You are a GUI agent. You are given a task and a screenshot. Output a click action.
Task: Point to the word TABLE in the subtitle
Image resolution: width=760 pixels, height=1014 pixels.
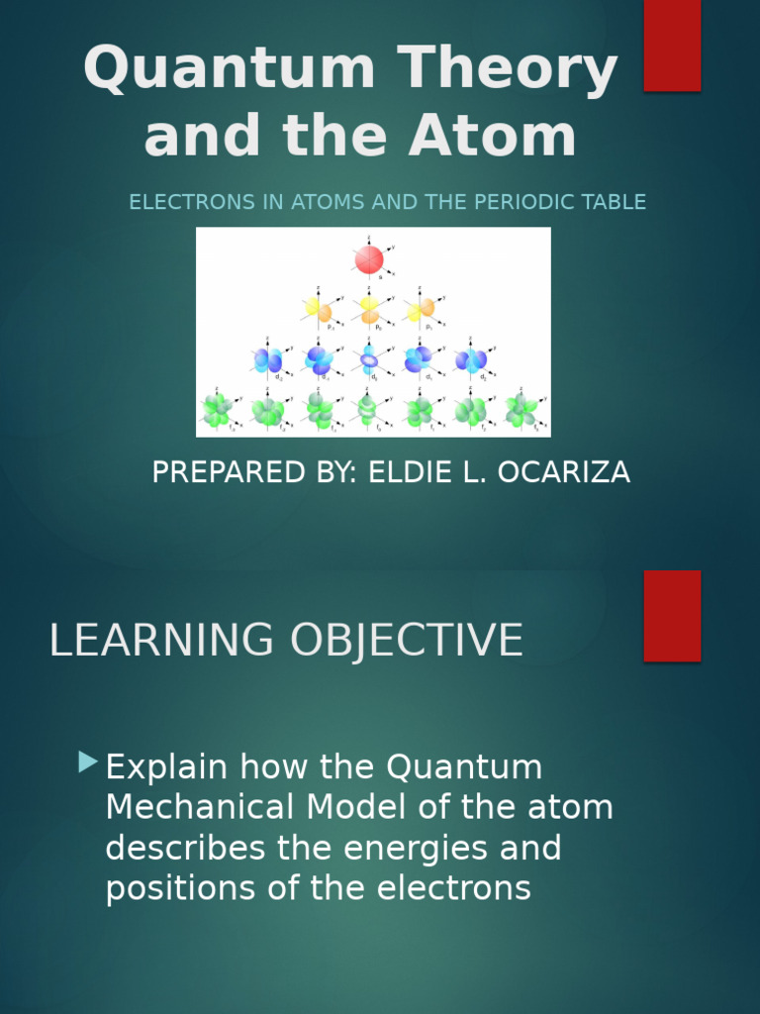pyautogui.click(x=615, y=202)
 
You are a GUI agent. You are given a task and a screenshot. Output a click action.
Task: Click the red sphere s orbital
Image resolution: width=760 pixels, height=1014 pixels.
pyautogui.click(x=369, y=259)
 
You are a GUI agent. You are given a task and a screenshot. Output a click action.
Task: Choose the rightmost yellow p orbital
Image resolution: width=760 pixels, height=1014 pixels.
pyautogui.click(x=422, y=310)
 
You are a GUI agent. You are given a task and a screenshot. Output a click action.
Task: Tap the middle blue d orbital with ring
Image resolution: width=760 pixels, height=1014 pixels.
pyautogui.click(x=369, y=360)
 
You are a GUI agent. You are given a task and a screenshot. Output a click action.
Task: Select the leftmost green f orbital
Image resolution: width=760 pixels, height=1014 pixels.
pyautogui.click(x=217, y=410)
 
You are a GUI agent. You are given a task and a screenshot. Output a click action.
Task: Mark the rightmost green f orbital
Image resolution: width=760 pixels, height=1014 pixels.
pyautogui.click(x=522, y=410)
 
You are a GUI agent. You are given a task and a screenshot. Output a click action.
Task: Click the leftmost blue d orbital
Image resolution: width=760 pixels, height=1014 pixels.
pyautogui.click(x=267, y=360)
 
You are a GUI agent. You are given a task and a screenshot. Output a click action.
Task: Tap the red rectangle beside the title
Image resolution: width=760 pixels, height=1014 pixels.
pyautogui.click(x=672, y=45)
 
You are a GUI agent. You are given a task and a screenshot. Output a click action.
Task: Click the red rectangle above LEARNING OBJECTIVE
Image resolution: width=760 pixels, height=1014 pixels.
pyautogui.click(x=672, y=615)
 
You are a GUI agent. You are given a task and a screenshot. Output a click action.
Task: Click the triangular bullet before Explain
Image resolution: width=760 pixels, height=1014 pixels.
pyautogui.click(x=89, y=761)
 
